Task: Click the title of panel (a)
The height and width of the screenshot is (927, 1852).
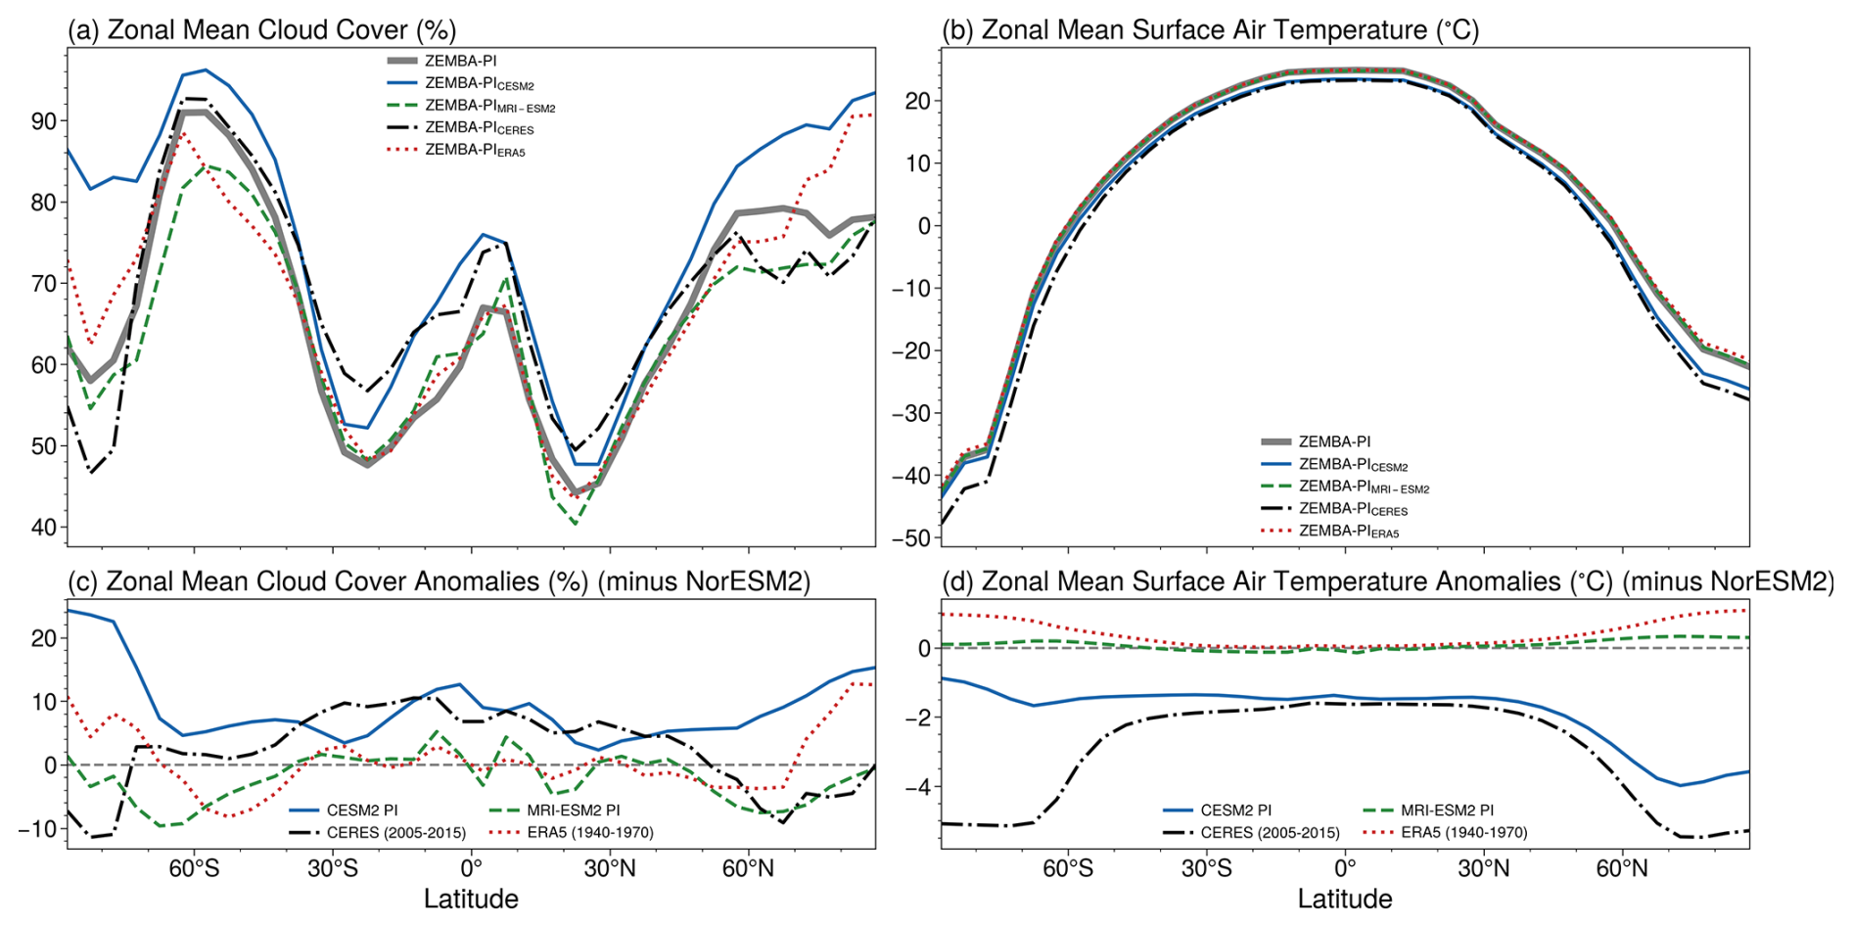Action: click(261, 29)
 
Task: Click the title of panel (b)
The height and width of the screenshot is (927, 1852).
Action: click(1210, 29)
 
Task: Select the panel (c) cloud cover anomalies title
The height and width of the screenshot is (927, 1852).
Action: click(439, 581)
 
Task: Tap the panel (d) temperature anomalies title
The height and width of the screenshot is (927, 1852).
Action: click(1387, 581)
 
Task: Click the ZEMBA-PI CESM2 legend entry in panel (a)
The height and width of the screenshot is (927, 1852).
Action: click(479, 83)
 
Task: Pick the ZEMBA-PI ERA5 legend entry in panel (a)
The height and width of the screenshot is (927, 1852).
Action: click(475, 151)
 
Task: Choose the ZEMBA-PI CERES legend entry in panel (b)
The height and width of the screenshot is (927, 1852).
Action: click(1353, 509)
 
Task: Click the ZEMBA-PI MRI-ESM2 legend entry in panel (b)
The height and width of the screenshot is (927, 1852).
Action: click(1364, 487)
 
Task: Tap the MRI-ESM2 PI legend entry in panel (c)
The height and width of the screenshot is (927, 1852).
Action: click(573, 811)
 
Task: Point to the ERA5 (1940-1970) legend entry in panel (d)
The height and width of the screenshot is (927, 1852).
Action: click(1463, 833)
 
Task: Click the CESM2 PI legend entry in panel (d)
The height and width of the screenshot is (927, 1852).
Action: click(1236, 811)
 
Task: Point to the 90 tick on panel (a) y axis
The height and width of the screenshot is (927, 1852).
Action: click(44, 121)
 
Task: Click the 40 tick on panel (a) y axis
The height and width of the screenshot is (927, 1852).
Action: click(44, 528)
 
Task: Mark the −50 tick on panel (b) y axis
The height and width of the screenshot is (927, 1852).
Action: click(910, 537)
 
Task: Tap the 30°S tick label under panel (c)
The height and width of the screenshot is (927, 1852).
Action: click(333, 868)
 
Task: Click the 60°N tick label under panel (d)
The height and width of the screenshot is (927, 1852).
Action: click(1622, 868)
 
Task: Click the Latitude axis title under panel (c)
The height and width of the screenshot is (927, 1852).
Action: click(471, 899)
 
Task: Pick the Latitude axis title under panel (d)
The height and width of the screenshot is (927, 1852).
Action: click(1345, 899)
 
